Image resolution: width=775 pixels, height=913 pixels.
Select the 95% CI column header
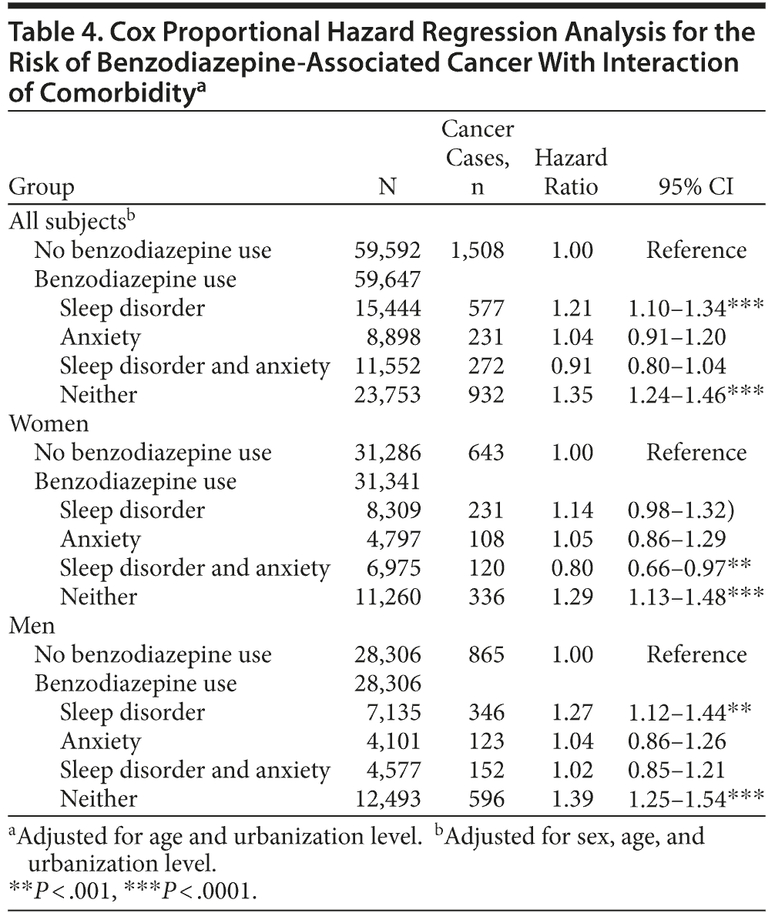696,187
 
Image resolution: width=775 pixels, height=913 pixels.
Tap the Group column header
42,187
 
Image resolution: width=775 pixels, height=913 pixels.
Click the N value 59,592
387,250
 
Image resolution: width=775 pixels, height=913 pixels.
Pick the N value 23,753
387,394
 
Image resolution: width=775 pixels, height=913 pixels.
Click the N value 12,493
387,798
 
